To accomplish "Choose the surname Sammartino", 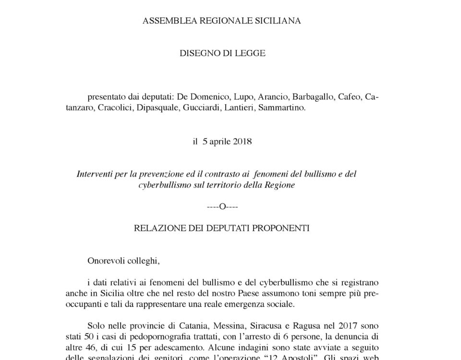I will [x=282, y=108].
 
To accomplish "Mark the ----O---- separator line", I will [x=222, y=206].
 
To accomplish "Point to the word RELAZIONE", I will [x=158, y=228].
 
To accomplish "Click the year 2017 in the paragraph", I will [x=352, y=326].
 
